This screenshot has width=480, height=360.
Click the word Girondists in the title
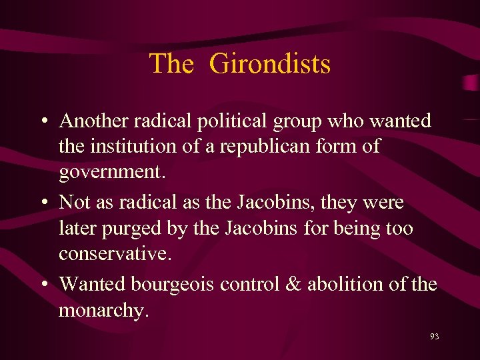[269, 64]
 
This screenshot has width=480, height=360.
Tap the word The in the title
[171, 64]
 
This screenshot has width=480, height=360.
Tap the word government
[109, 173]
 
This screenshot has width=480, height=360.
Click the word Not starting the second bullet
[75, 201]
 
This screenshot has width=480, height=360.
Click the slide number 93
[434, 337]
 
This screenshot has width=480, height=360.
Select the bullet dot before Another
[43, 122]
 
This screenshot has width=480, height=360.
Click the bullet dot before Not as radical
[43, 203]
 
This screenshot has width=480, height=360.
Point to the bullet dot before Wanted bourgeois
[43, 285]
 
